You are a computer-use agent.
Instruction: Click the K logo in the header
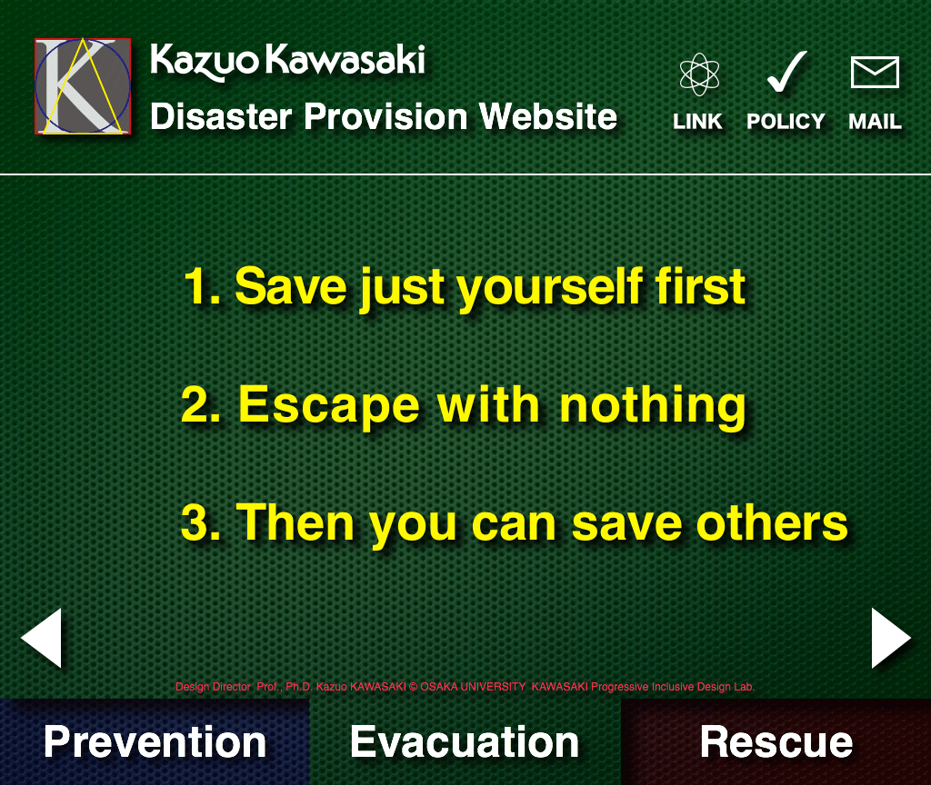[83, 86]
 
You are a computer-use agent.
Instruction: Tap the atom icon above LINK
[699, 75]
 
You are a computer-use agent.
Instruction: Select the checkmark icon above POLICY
[786, 72]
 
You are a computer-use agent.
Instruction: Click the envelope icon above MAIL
[875, 73]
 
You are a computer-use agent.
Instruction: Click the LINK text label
[697, 121]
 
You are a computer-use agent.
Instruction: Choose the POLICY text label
[786, 121]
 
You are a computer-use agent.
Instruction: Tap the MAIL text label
[876, 121]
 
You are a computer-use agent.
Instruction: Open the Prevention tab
[155, 741]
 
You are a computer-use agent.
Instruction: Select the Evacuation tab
[465, 741]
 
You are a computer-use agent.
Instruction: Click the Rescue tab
[776, 741]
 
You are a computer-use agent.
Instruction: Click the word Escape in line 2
[329, 404]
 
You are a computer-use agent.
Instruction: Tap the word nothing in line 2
[653, 406]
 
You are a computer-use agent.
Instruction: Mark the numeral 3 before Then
[195, 522]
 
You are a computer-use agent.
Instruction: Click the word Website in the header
[548, 116]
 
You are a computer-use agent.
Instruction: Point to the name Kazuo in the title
[205, 61]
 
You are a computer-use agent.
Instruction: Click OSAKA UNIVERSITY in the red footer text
[473, 687]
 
